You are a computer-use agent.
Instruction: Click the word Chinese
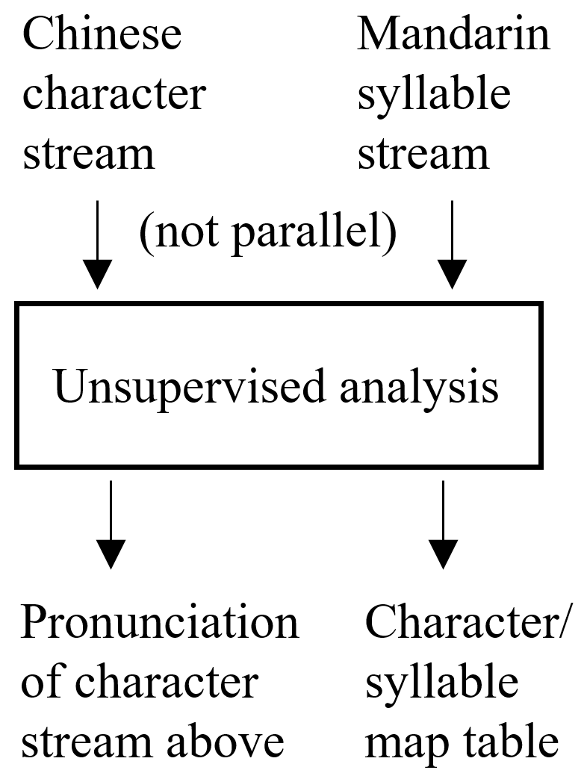(102, 35)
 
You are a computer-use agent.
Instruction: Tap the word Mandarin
(453, 35)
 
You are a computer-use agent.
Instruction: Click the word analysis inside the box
(415, 388)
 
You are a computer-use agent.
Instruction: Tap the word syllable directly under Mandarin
(434, 95)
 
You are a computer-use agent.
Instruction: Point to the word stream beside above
(85, 742)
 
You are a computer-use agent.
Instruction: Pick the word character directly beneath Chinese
(114, 95)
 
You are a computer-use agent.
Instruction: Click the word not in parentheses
(181, 234)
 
